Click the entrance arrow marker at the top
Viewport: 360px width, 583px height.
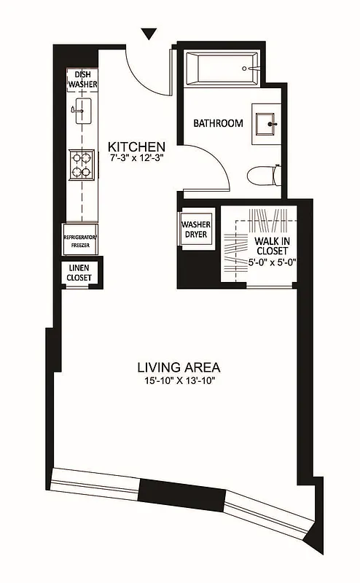click(149, 34)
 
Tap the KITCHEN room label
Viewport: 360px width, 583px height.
click(136, 146)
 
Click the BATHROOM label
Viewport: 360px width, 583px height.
click(218, 123)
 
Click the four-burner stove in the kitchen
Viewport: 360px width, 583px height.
click(82, 164)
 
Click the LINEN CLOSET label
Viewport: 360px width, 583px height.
click(79, 273)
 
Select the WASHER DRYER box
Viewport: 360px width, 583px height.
click(195, 230)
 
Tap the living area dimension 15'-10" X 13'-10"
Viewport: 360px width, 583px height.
click(179, 380)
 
